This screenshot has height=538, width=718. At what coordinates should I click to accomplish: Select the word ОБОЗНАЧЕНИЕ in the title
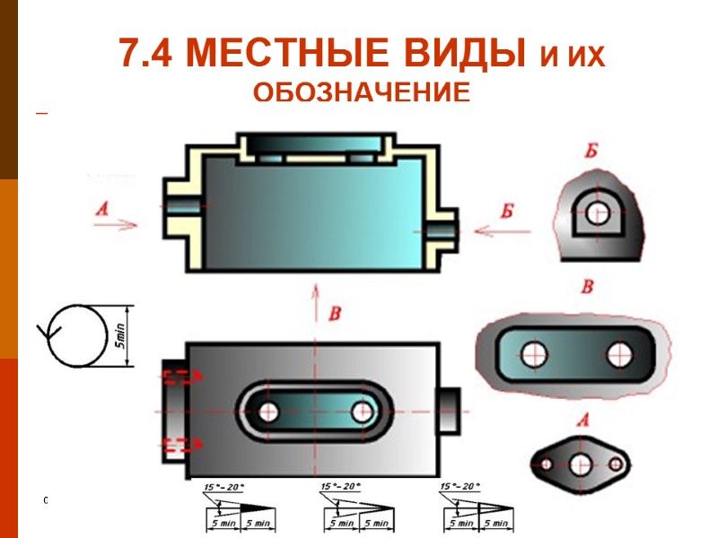(x=361, y=93)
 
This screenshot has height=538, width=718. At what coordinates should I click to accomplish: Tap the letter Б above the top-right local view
(x=591, y=151)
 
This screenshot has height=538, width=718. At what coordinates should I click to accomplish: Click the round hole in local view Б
(x=598, y=213)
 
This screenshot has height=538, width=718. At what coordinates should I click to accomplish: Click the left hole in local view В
(x=535, y=353)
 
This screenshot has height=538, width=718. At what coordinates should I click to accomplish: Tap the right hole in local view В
(x=620, y=354)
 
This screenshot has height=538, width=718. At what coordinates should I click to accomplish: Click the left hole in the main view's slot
(x=267, y=412)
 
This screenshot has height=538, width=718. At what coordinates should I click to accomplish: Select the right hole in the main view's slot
(x=363, y=412)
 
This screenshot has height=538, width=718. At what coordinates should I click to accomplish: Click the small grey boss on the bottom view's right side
(x=448, y=412)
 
